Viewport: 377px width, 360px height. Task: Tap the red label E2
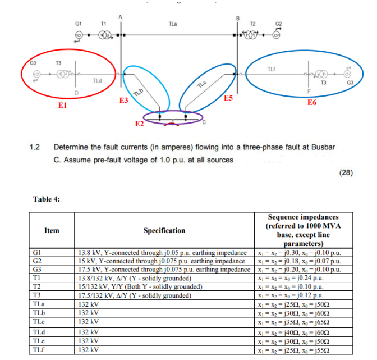coord(140,123)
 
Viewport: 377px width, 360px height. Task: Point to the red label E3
coord(124,101)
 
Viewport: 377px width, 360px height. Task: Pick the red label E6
coord(312,103)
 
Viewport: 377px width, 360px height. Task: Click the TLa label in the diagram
coord(173,24)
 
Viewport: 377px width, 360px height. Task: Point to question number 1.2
coord(35,148)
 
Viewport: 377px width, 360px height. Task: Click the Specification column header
coord(164,230)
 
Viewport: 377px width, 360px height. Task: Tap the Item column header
coord(52,230)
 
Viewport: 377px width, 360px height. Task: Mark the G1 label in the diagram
coord(79,24)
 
